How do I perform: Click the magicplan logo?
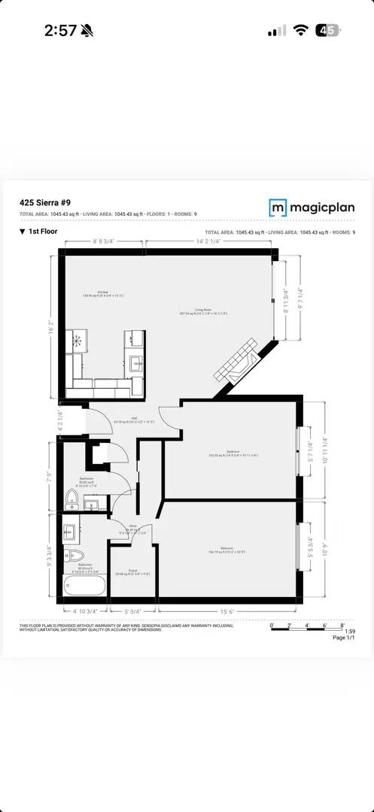tap(312, 208)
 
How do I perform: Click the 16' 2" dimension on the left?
tap(51, 326)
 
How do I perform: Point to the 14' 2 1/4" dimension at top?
tap(205, 242)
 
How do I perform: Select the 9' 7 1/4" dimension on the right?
tap(300, 299)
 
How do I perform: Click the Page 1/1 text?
tap(343, 637)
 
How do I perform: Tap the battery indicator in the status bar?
tap(327, 30)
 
